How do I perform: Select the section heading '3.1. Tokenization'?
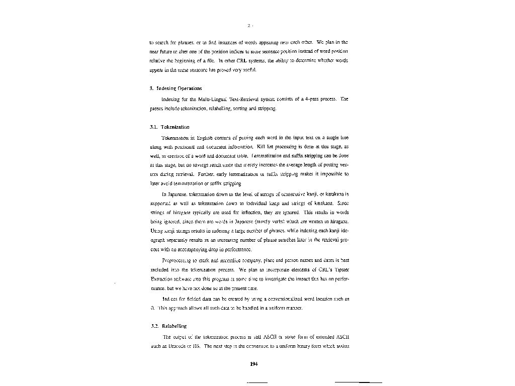point(169,127)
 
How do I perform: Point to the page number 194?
point(254,364)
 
